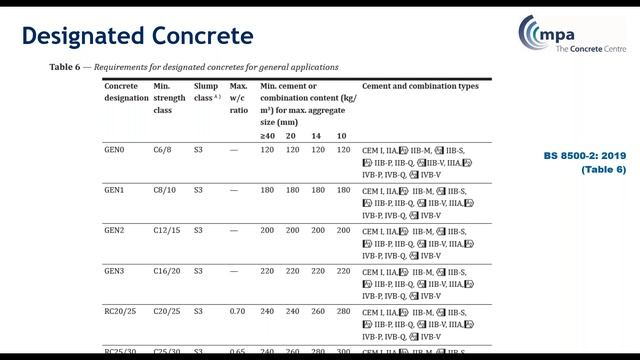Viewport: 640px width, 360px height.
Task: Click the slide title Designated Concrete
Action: (138, 37)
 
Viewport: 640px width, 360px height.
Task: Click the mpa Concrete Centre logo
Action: (570, 39)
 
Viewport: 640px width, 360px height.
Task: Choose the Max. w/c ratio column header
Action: (239, 98)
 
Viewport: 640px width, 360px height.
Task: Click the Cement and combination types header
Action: (420, 87)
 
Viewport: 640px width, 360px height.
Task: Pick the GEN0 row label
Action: (115, 149)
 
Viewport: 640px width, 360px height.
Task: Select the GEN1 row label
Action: (115, 189)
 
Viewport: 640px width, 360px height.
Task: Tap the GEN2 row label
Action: (115, 230)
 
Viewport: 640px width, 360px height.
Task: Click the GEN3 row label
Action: (115, 270)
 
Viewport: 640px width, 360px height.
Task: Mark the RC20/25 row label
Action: (121, 311)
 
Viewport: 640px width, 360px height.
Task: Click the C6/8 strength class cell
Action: (164, 149)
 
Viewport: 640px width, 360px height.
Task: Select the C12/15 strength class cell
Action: (168, 230)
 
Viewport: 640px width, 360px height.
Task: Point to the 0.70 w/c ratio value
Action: (238, 311)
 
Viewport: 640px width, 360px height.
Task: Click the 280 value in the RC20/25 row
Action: (343, 311)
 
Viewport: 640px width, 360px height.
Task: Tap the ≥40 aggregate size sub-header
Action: (268, 135)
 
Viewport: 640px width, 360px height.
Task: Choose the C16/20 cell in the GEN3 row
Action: (168, 270)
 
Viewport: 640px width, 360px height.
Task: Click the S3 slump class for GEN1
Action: (198, 189)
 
